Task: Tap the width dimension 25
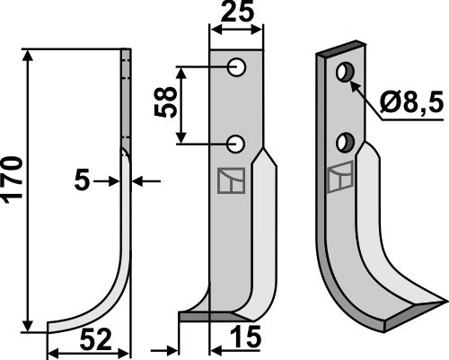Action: (x=237, y=13)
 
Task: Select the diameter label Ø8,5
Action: (x=409, y=106)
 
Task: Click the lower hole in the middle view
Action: (x=238, y=143)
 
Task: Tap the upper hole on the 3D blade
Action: (x=344, y=71)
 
